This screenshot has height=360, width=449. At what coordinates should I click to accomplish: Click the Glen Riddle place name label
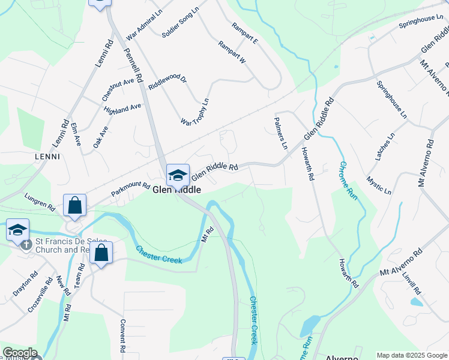(x=176, y=190)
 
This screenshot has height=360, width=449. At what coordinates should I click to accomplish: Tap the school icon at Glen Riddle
(x=178, y=175)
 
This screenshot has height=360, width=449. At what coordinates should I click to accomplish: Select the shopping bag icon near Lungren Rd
(x=75, y=205)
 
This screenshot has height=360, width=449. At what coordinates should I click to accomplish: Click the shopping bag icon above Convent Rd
(x=101, y=253)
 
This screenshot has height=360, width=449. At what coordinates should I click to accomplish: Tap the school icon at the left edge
(x=17, y=229)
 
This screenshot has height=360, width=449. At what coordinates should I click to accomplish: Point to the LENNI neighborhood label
(x=47, y=157)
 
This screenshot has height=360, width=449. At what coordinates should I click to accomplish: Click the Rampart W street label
(x=232, y=53)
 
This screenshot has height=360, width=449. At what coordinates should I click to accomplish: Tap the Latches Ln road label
(x=385, y=147)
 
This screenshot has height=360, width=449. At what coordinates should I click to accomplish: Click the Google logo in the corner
(x=20, y=353)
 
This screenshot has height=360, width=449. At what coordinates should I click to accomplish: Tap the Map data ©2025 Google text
(x=411, y=355)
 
